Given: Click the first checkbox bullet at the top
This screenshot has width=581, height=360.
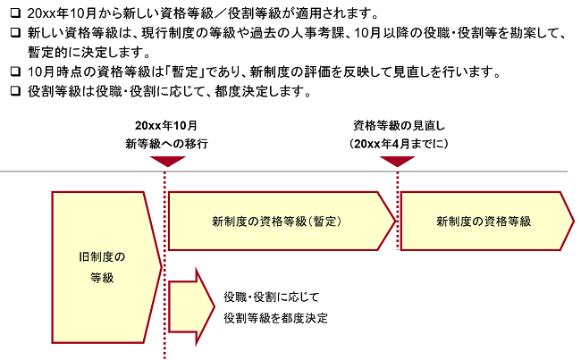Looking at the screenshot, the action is click(x=15, y=13).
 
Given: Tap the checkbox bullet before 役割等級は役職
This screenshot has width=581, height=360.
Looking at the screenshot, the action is click(x=15, y=91).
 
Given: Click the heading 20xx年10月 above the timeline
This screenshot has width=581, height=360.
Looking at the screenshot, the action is click(x=166, y=126).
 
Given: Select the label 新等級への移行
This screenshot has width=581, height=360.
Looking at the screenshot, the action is click(x=167, y=144).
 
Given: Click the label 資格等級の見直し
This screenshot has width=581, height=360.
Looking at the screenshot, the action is click(x=399, y=126).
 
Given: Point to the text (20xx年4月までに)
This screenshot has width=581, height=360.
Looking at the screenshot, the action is click(x=399, y=144).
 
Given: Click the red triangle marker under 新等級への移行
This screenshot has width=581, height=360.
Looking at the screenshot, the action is click(x=167, y=161).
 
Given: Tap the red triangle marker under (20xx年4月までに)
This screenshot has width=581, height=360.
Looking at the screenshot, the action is click(x=397, y=161).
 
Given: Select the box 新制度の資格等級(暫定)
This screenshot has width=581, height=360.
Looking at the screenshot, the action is click(x=282, y=222).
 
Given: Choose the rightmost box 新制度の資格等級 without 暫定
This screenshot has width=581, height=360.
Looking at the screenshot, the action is click(x=487, y=222).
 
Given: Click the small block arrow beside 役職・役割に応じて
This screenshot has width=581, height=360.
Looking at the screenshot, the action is click(x=191, y=306).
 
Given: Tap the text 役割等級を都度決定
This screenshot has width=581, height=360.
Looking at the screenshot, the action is click(x=275, y=318).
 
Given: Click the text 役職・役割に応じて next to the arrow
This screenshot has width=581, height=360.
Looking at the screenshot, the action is click(x=271, y=297).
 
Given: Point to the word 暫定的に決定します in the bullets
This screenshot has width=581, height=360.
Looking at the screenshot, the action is click(x=88, y=52).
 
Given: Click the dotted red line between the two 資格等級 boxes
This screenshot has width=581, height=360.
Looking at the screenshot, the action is click(x=398, y=211).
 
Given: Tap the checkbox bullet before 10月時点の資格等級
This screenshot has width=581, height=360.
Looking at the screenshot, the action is click(x=15, y=71).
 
